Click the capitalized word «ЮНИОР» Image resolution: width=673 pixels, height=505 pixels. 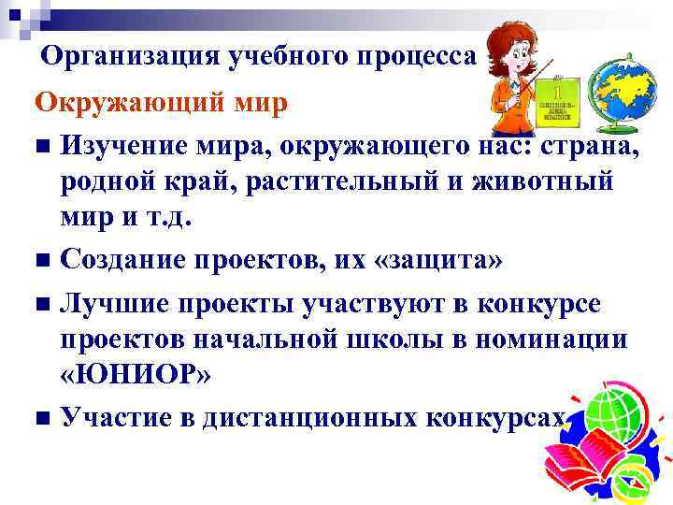coord(137,374)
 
